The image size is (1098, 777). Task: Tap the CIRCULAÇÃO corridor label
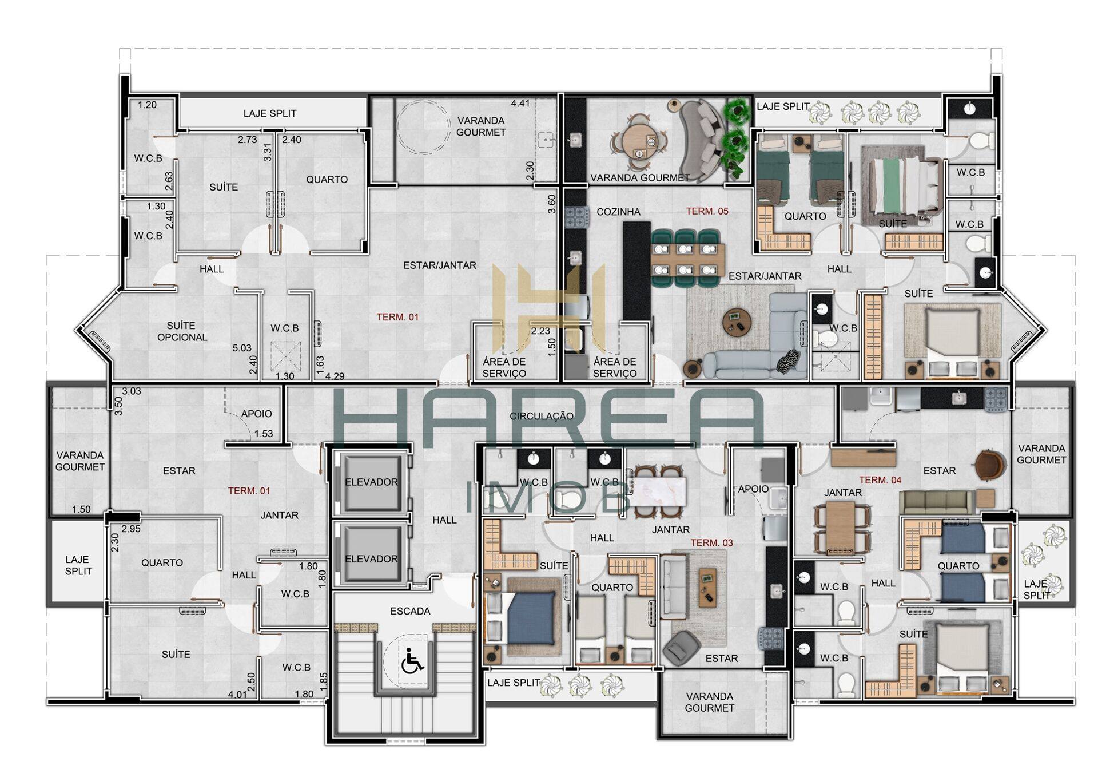click(x=541, y=416)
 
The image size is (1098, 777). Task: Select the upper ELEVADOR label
click(x=371, y=482)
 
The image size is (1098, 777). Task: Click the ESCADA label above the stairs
click(x=410, y=611)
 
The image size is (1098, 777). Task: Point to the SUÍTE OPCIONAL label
click(x=182, y=331)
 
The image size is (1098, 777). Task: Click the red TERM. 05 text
click(x=707, y=211)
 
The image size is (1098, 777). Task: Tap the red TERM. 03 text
click(x=711, y=542)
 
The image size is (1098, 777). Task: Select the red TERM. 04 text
click(x=880, y=480)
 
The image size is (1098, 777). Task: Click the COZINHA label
click(x=618, y=212)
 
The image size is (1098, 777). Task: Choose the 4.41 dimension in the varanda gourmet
click(x=520, y=104)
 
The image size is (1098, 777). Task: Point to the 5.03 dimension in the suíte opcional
click(x=242, y=347)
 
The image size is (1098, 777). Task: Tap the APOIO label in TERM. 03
click(x=753, y=489)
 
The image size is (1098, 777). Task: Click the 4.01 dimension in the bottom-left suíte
click(x=237, y=695)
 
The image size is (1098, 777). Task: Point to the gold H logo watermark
click(x=548, y=310)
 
